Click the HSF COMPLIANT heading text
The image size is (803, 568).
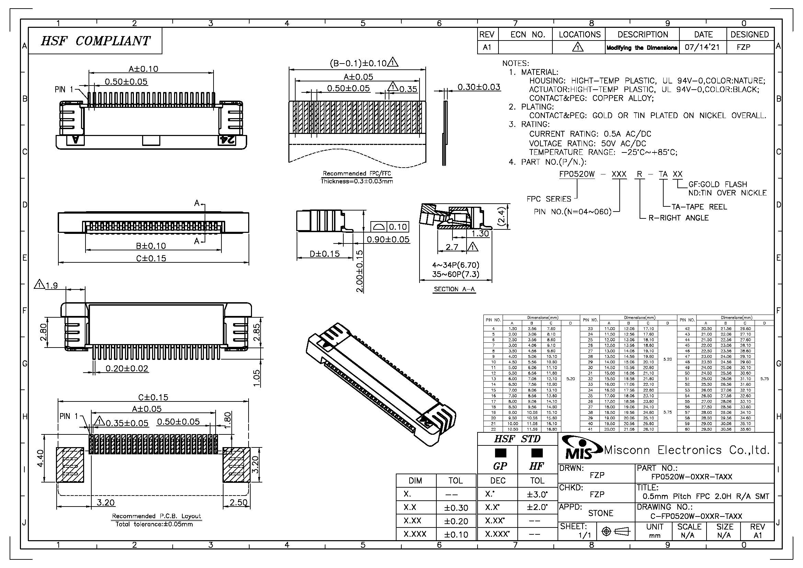(x=95, y=41)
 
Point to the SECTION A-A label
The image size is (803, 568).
(x=454, y=289)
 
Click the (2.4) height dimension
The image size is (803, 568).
(x=501, y=217)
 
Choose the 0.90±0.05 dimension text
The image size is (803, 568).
(x=388, y=240)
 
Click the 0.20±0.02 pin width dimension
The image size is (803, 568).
(x=127, y=368)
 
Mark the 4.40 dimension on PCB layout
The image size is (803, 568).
(x=41, y=458)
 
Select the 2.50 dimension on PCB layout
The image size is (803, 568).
(x=239, y=503)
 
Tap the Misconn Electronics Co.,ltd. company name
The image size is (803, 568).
(x=687, y=450)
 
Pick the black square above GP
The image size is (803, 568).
(x=501, y=453)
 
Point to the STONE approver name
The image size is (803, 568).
(x=600, y=513)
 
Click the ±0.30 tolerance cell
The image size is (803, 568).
(x=456, y=508)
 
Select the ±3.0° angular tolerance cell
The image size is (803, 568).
(x=537, y=494)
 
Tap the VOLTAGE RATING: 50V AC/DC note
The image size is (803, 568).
(x=587, y=144)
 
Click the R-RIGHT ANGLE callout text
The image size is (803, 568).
(x=678, y=218)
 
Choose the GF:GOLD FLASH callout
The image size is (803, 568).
(x=717, y=184)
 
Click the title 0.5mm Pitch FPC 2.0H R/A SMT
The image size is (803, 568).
(x=706, y=496)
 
